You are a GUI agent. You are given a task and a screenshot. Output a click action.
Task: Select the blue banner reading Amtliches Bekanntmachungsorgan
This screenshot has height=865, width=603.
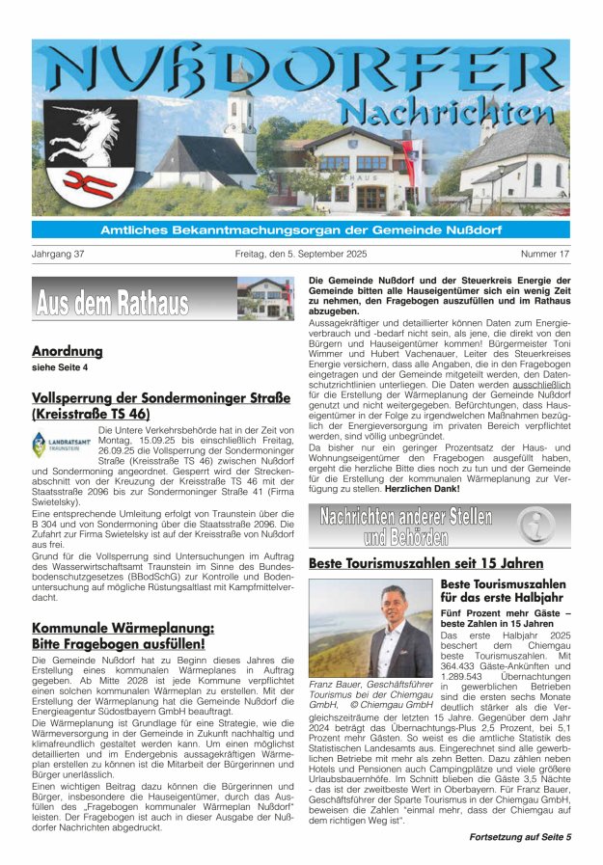300,230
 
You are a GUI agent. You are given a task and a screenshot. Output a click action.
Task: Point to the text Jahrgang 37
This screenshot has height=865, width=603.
59,255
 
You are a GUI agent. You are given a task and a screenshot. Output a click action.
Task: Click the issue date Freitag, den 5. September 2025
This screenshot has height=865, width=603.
301,255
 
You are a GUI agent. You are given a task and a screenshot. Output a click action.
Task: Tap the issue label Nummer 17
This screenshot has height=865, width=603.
545,255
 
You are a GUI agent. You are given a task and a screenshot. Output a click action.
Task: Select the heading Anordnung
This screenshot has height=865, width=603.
67,351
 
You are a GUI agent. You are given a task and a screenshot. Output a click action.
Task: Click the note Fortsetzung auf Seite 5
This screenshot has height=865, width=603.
520,836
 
